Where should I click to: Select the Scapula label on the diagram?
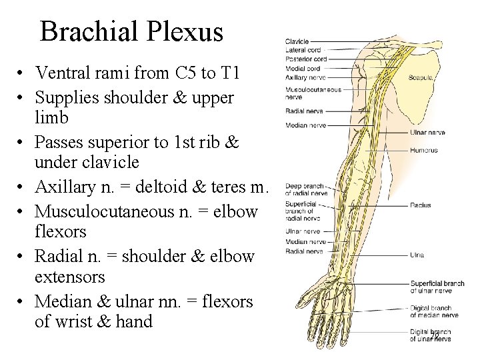[422, 78]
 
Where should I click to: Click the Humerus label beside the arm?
[423, 151]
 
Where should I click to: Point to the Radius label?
[421, 205]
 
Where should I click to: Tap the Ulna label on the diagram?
[417, 255]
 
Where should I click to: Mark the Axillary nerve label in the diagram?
[305, 77]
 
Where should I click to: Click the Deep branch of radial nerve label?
[306, 189]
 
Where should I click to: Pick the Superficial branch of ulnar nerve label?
[437, 287]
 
